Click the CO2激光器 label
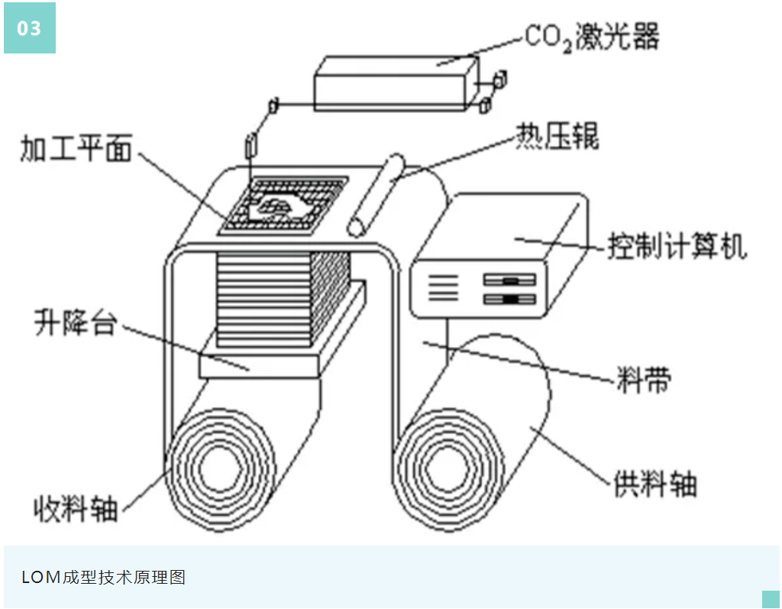[x=591, y=36]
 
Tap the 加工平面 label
[x=76, y=149]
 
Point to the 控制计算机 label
[x=677, y=247]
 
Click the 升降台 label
[x=74, y=322]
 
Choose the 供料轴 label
[x=655, y=483]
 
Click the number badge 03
[x=29, y=28]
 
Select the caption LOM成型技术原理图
[x=104, y=577]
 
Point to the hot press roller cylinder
[x=376, y=195]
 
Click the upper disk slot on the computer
[x=510, y=281]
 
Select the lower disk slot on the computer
[x=510, y=299]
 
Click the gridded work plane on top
[x=283, y=204]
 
